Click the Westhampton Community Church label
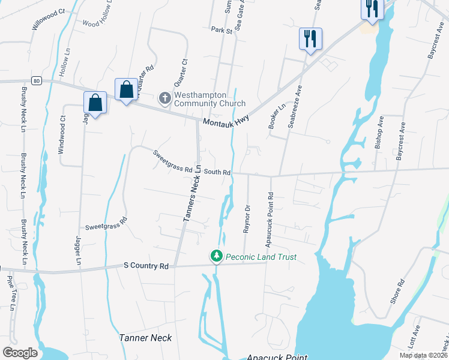[209, 99]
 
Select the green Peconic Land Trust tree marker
[217, 257]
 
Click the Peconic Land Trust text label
[261, 257]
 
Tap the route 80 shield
[37, 81]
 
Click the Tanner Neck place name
[146, 338]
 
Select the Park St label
[221, 29]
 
